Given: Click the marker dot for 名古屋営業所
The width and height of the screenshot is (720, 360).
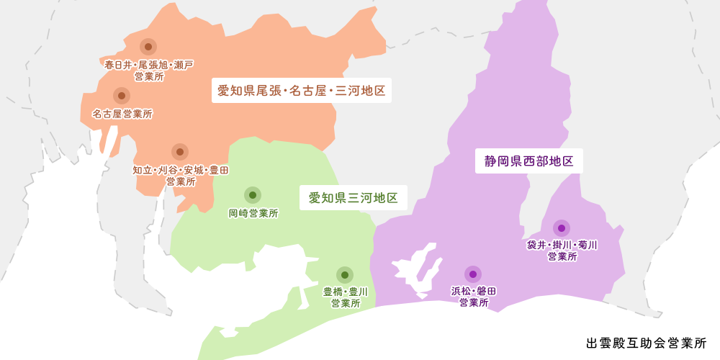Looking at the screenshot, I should [122, 96].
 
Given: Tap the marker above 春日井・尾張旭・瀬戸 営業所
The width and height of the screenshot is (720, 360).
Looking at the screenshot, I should [148, 47].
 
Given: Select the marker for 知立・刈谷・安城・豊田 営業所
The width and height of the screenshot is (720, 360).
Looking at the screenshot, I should [180, 152].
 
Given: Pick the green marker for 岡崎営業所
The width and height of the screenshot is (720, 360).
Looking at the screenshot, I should [252, 194].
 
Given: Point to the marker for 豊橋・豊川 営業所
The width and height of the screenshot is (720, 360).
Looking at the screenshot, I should [345, 275].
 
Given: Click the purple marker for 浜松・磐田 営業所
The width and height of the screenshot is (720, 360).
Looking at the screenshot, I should [473, 274].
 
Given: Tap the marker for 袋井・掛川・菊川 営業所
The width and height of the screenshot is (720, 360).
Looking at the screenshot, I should [562, 228].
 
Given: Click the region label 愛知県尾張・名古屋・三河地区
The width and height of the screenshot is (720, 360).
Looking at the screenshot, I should [302, 91].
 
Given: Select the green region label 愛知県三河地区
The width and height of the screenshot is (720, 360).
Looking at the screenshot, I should [353, 197].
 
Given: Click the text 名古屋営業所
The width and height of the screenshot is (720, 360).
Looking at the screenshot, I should [122, 114].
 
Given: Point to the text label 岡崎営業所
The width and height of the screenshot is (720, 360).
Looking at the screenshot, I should [253, 213].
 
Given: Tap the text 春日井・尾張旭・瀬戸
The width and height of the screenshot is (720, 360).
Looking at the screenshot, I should [149, 65].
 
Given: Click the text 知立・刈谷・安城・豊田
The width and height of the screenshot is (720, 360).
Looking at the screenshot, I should [181, 171].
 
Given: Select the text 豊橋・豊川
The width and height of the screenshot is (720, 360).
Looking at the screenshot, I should [346, 292].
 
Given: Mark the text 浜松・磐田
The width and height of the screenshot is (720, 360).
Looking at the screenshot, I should [474, 292].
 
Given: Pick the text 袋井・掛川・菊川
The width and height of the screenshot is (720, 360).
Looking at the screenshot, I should [562, 246].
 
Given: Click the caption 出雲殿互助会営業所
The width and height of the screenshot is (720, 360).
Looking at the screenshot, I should [647, 343].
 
